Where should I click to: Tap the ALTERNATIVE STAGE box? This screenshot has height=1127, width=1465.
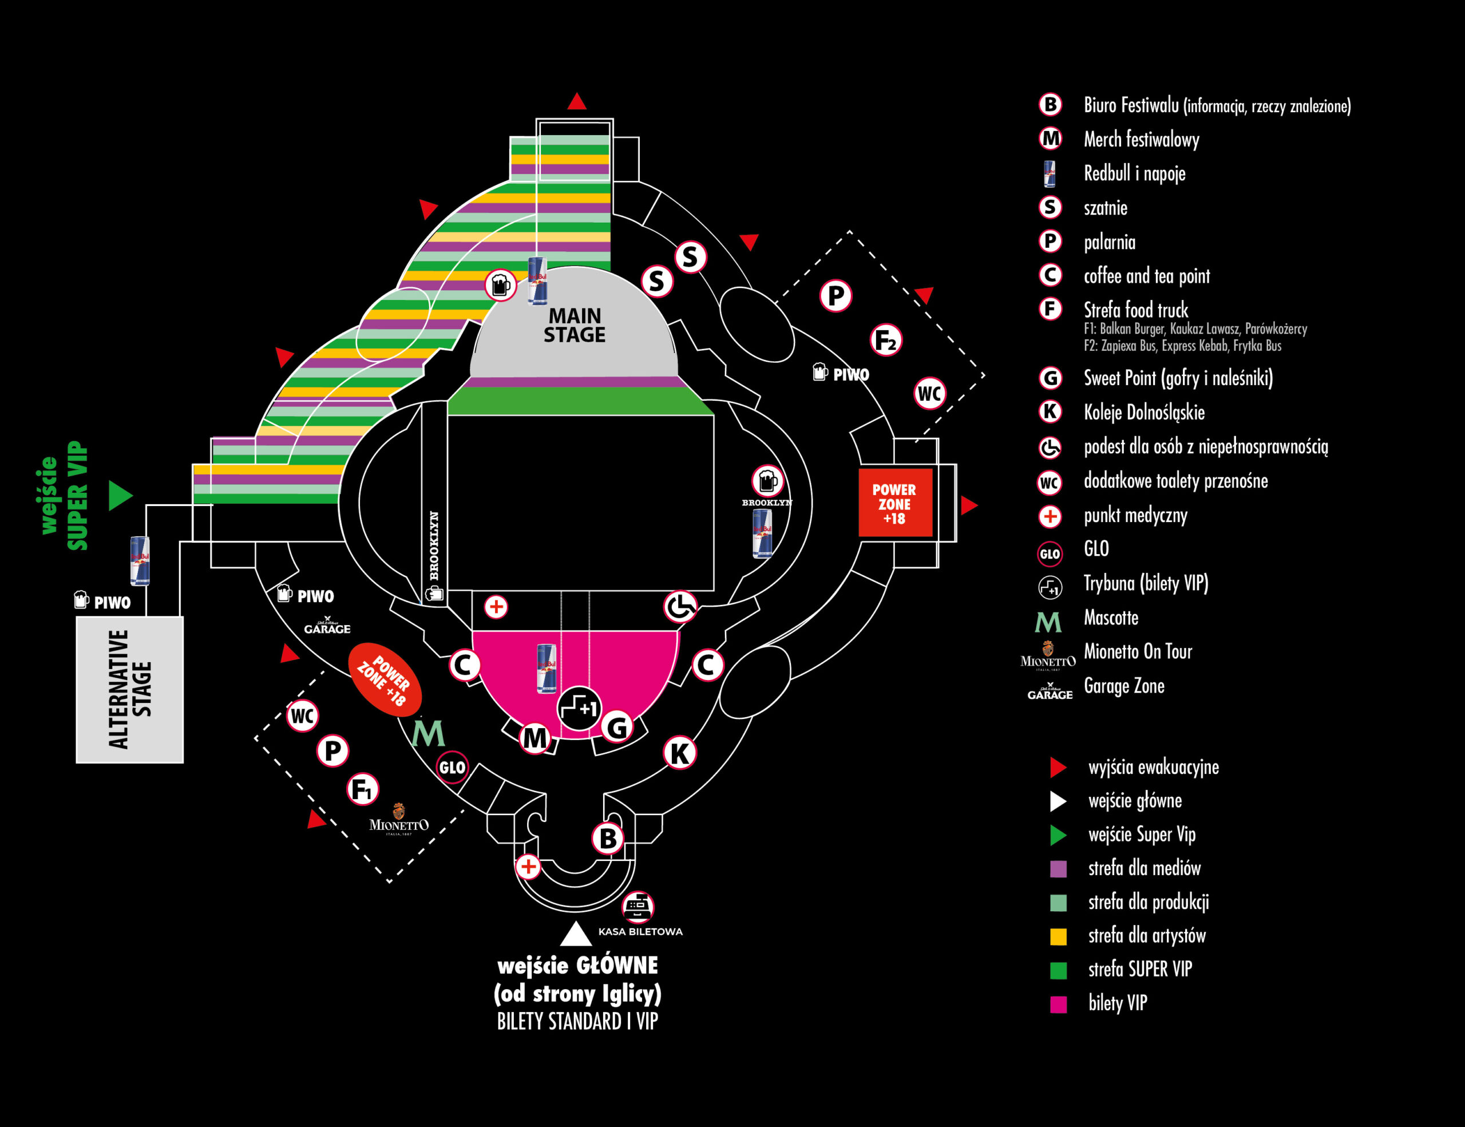click(129, 689)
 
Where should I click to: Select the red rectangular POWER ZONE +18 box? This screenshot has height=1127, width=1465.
click(895, 504)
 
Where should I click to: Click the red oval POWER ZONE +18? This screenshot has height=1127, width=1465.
click(385, 679)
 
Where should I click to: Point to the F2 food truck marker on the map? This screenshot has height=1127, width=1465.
click(886, 340)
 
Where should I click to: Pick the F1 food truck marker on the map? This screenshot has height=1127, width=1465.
click(363, 789)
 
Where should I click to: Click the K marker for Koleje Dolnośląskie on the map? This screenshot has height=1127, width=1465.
click(679, 753)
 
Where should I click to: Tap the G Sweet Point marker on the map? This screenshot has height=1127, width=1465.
click(616, 726)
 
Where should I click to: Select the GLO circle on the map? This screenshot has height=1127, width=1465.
click(452, 768)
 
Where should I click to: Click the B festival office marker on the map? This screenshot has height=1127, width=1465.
click(608, 838)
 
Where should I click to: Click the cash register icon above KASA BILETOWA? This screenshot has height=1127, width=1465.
click(638, 906)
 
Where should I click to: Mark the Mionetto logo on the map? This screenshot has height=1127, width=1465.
click(398, 820)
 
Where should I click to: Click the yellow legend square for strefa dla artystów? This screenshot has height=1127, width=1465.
click(1058, 936)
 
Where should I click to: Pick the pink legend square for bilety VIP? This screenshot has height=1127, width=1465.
click(1058, 1005)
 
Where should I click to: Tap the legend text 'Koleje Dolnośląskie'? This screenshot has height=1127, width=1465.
click(1144, 412)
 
